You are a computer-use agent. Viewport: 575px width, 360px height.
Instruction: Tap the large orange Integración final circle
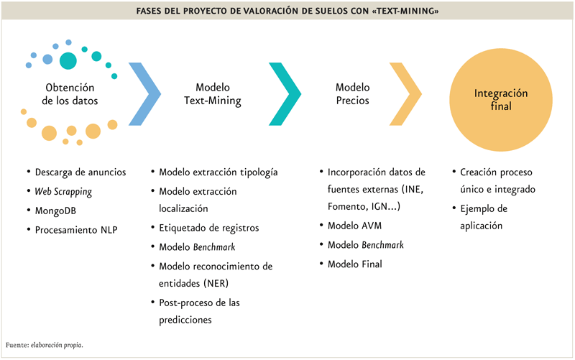coord(501,100)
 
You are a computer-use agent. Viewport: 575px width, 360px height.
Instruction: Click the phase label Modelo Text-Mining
coord(213,94)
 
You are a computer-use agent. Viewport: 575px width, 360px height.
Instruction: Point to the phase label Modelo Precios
coord(352,94)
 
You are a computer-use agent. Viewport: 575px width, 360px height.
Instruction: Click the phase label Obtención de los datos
coord(70,94)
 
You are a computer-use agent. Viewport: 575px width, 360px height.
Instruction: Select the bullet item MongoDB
coord(55,211)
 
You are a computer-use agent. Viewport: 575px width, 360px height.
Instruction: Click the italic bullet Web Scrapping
coord(63,192)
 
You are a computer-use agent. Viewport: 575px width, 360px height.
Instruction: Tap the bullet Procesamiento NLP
coord(76,230)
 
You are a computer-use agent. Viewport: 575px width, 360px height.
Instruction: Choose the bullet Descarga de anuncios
coord(80,172)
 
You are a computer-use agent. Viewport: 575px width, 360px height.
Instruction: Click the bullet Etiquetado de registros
coord(208,228)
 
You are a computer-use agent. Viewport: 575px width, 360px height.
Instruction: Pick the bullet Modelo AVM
coord(354,226)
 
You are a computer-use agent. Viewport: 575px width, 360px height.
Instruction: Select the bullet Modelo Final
coord(354,264)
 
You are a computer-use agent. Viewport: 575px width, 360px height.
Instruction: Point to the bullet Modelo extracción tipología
coord(218,172)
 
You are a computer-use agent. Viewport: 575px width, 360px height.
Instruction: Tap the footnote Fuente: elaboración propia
coord(45,345)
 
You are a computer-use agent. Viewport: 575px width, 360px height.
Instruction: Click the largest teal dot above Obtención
coord(68,61)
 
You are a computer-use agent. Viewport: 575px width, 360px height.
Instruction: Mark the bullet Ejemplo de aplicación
coord(484,217)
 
